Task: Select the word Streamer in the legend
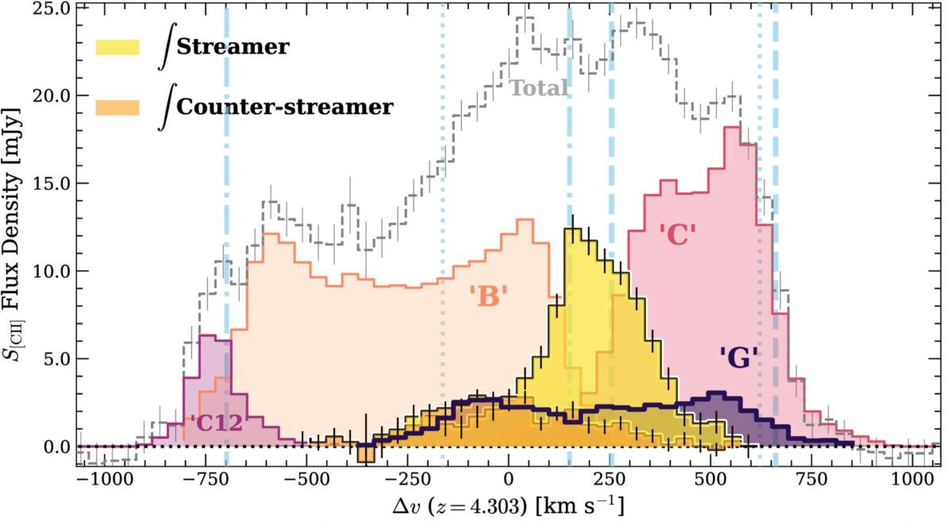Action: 233,48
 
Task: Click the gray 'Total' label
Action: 539,88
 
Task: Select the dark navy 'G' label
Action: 739,358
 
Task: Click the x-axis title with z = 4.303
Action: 508,506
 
